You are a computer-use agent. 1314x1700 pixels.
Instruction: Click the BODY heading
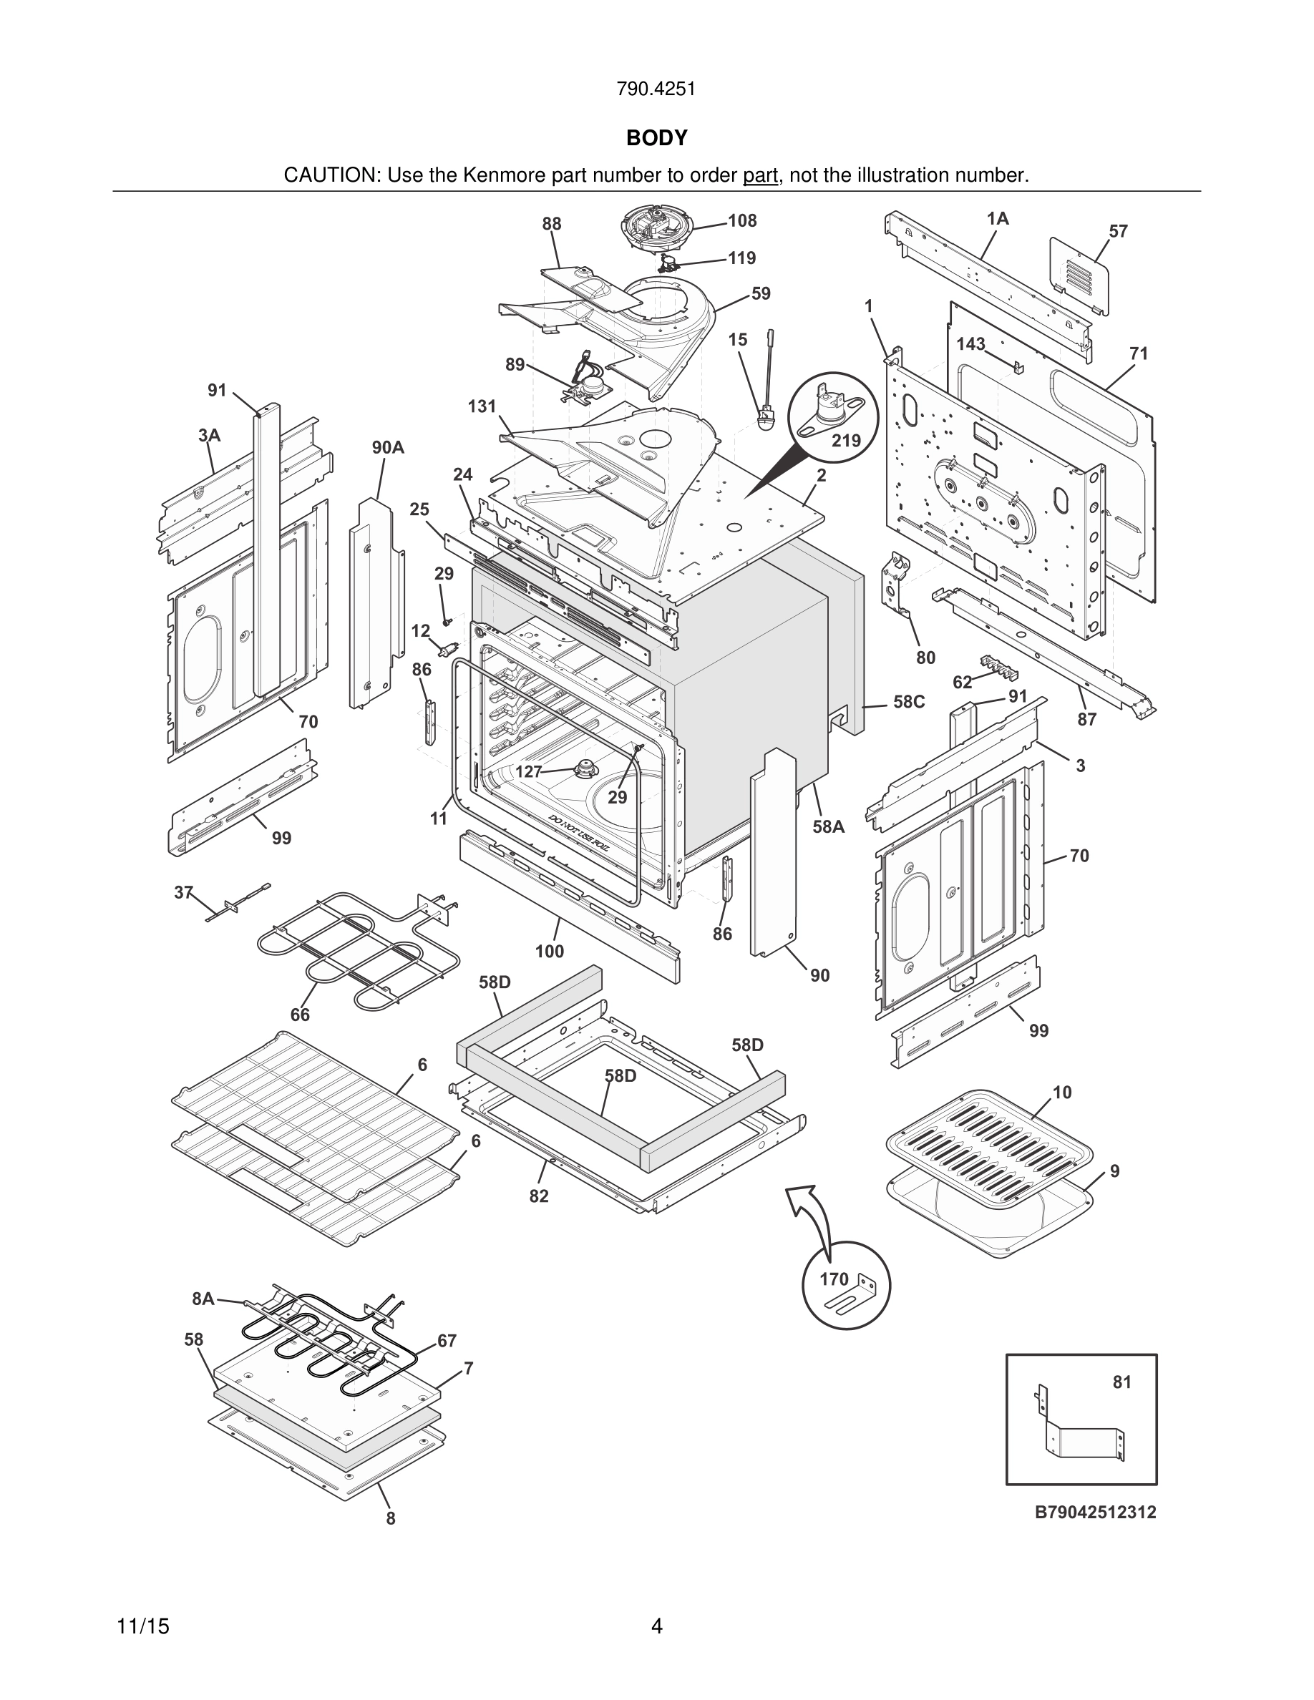[656, 138]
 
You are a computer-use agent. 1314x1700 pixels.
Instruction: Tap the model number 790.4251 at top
[656, 89]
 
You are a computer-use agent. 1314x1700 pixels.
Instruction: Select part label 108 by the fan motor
[742, 221]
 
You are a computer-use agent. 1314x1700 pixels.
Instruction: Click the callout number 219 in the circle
[846, 441]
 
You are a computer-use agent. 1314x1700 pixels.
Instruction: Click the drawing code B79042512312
[1094, 1512]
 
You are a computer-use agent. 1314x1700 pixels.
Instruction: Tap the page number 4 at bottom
[656, 1626]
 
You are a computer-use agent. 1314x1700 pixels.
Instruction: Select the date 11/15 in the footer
[142, 1626]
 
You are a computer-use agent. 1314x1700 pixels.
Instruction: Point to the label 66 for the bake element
[300, 1015]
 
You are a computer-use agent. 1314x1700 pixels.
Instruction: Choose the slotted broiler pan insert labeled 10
[989, 1143]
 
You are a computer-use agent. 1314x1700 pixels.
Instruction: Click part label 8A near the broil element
[203, 1299]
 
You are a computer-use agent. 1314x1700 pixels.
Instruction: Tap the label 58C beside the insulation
[908, 701]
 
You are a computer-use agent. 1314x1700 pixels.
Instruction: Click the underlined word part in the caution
[761, 175]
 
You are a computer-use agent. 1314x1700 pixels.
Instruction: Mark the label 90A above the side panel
[388, 448]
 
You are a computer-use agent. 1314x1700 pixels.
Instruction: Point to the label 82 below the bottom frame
[539, 1196]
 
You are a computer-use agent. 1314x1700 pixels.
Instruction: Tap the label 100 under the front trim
[549, 951]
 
